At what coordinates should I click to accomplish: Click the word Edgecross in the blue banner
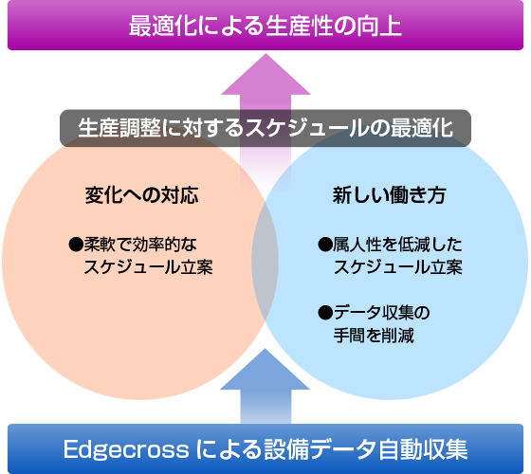click(126, 449)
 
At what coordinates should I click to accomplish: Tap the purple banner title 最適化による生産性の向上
click(265, 27)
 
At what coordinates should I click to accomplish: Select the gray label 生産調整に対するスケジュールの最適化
click(265, 128)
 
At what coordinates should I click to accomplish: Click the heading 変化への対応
click(141, 195)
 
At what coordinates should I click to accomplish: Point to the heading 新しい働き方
click(389, 195)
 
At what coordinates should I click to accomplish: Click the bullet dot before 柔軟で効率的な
click(76, 245)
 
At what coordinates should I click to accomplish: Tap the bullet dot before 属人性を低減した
click(324, 245)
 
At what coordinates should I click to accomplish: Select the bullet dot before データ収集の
click(325, 313)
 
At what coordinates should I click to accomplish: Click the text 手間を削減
click(374, 336)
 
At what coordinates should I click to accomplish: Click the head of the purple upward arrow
click(265, 74)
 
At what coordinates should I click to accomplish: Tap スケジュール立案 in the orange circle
click(148, 266)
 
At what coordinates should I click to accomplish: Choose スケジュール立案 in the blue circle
click(398, 266)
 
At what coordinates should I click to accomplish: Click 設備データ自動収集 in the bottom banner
click(366, 449)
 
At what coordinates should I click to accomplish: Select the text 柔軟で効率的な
click(140, 245)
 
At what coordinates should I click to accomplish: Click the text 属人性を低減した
click(397, 245)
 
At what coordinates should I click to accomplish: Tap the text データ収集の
click(381, 313)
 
